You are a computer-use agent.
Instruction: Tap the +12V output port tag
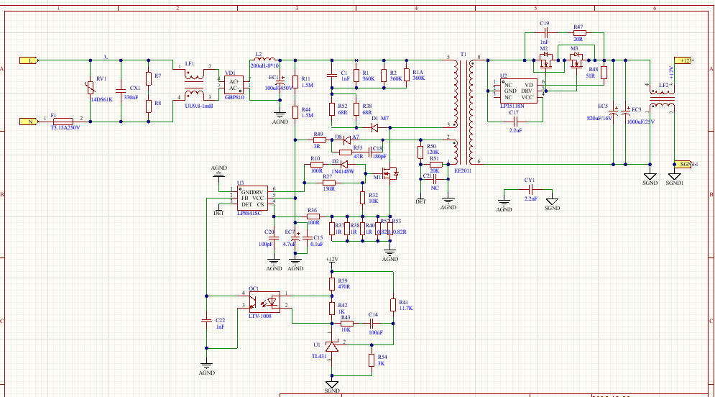(x=681, y=61)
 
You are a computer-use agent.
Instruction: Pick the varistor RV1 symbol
(x=90, y=88)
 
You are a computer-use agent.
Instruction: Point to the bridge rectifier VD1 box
(x=234, y=83)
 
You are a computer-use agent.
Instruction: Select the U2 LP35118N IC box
(x=518, y=91)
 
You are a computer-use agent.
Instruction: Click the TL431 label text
(x=319, y=356)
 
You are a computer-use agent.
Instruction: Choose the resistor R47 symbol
(x=578, y=33)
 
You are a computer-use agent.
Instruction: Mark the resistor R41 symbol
(x=393, y=304)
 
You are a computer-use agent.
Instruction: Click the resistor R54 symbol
(x=372, y=360)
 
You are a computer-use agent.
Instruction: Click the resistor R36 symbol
(x=312, y=216)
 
